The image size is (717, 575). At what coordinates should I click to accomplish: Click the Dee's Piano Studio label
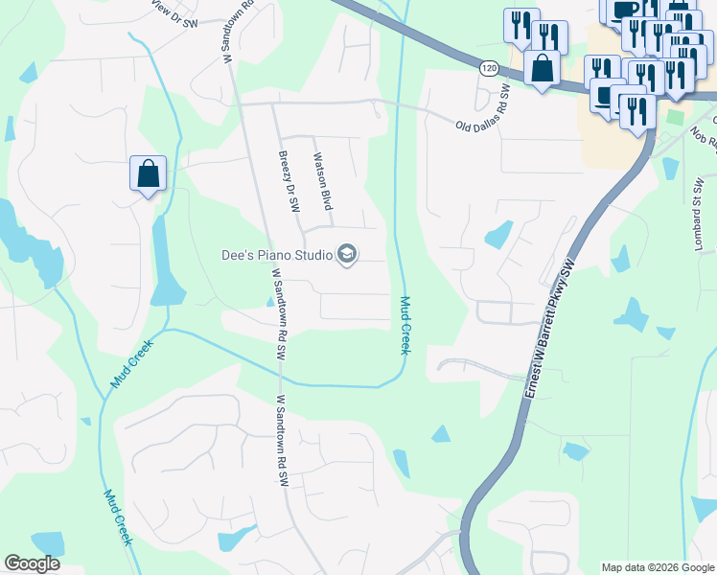[276, 255]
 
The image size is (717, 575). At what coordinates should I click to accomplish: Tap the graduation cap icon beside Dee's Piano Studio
[347, 255]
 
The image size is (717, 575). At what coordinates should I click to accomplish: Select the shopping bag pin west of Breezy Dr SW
[148, 174]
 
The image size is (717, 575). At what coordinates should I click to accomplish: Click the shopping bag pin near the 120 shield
[543, 69]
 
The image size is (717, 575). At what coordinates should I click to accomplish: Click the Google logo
[33, 563]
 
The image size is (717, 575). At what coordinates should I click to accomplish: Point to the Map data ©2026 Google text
[658, 567]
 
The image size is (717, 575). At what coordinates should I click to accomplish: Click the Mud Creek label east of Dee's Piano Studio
[405, 326]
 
